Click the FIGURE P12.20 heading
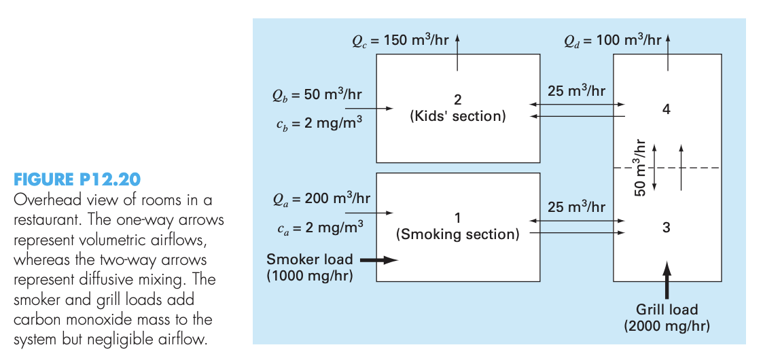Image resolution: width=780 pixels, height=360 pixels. (77, 179)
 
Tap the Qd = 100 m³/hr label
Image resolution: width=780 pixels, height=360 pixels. (612, 39)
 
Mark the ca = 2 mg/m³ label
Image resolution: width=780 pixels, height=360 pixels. (317, 227)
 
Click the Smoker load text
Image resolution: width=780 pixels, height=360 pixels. (309, 259)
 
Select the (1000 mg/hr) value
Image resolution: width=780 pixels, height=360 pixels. (309, 276)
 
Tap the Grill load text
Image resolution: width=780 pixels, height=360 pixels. (667, 310)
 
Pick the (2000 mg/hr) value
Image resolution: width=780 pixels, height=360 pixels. (667, 326)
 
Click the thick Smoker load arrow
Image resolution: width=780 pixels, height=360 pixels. (378, 259)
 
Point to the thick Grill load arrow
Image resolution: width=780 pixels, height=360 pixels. (667, 278)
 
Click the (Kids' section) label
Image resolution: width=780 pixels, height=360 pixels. (458, 116)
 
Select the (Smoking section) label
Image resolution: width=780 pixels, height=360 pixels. (458, 235)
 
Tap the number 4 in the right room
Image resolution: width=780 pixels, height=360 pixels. (666, 109)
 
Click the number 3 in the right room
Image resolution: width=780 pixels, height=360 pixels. (666, 228)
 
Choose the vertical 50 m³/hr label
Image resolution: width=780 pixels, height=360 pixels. (639, 167)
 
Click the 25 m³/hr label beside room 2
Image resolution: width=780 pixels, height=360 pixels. (576, 91)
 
